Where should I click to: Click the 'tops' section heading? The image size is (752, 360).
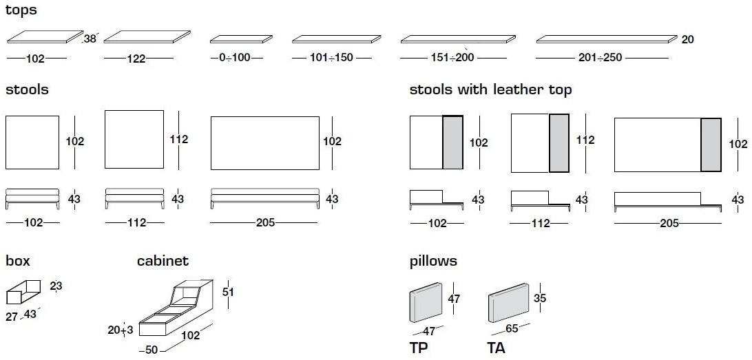21,10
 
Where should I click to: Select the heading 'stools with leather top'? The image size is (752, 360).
490,89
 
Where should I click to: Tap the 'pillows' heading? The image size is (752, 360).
433,261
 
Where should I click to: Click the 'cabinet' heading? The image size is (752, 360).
163,261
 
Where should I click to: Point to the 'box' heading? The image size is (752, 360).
18,261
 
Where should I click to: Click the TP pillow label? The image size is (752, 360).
419,348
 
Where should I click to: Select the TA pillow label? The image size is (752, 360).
496,348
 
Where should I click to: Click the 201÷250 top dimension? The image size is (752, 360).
600,58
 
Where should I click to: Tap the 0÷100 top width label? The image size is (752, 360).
236,58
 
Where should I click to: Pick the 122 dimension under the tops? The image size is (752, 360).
136,59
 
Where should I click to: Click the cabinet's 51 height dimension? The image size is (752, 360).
228,292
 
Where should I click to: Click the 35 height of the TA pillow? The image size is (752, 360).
541,298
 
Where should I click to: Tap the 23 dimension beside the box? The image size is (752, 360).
56,286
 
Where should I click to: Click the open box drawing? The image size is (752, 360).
22,293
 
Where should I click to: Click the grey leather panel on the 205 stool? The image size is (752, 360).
710,145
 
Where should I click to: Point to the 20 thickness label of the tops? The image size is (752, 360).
687,40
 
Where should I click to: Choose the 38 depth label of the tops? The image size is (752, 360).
90,39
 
